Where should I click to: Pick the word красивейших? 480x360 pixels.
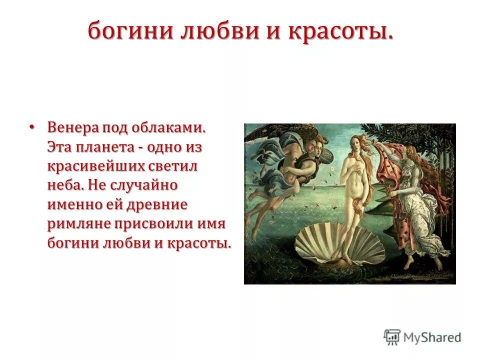[94, 167]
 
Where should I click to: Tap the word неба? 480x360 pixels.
[64, 186]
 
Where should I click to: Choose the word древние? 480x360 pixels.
[159, 204]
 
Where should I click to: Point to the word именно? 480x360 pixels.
[75, 204]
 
